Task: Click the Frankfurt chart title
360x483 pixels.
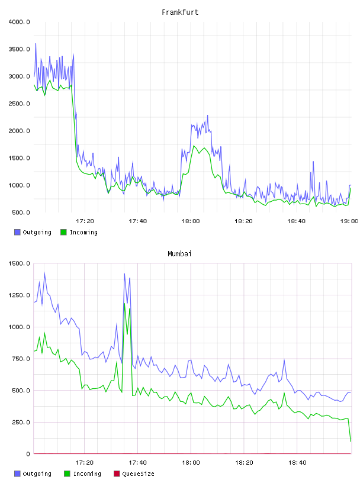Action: pyautogui.click(x=180, y=12)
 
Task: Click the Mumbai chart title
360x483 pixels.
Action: pyautogui.click(x=179, y=253)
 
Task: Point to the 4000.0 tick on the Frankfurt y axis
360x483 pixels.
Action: pyautogui.click(x=20, y=22)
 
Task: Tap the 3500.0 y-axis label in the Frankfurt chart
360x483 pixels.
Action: pyautogui.click(x=20, y=49)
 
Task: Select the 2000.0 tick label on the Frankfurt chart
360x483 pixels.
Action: pyautogui.click(x=20, y=131)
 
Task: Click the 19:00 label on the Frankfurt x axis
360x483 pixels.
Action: pyautogui.click(x=349, y=221)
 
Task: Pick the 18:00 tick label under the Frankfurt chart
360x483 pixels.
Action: pyautogui.click(x=191, y=221)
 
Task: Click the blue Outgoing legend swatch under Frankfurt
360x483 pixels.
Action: pyautogui.click(x=17, y=232)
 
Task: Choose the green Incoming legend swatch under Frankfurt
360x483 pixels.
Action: pyautogui.click(x=63, y=232)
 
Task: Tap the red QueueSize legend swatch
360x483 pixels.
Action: pyautogui.click(x=117, y=474)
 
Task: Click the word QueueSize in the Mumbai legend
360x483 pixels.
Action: pyautogui.click(x=138, y=474)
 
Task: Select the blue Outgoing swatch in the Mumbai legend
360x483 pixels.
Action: pyautogui.click(x=17, y=474)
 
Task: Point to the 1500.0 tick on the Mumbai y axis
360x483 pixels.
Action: pyautogui.click(x=20, y=263)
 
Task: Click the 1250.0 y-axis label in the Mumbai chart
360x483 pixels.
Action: pyautogui.click(x=20, y=295)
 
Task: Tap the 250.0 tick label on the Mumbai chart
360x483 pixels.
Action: pyautogui.click(x=21, y=422)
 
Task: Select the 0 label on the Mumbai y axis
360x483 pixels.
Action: pyautogui.click(x=28, y=454)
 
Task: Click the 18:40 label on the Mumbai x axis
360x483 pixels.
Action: pyautogui.click(x=297, y=462)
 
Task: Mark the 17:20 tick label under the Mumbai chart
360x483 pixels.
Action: pyautogui.click(x=84, y=462)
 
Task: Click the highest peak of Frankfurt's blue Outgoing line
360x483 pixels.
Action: pyautogui.click(x=36, y=43)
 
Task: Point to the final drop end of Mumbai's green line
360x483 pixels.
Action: pyautogui.click(x=351, y=442)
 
